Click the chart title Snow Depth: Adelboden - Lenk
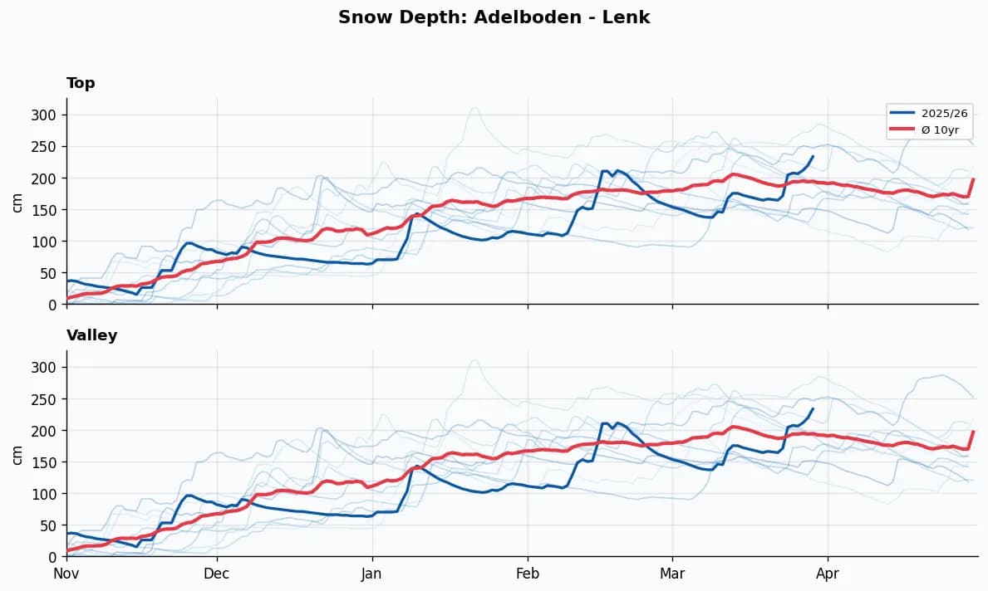point(494,17)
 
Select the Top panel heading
point(81,83)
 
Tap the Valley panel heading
point(91,335)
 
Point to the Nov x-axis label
point(66,573)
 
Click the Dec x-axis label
point(217,573)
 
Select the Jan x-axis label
point(372,573)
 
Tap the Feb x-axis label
point(528,573)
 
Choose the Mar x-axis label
point(672,573)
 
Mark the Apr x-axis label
point(828,573)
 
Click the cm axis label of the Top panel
point(17,201)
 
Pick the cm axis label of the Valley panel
point(17,453)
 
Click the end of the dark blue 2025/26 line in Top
point(813,156)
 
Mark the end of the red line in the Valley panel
point(973,432)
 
